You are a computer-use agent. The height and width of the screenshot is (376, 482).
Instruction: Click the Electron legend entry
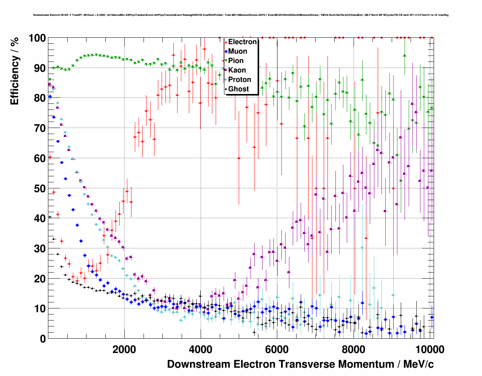242,42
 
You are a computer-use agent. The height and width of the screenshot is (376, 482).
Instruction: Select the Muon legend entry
238,51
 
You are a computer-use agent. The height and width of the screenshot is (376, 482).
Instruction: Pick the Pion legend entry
236,61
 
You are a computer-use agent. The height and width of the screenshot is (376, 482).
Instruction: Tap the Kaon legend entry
237,70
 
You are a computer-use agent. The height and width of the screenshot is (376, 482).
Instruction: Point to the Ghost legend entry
238,89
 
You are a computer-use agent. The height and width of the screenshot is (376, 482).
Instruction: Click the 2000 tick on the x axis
124,349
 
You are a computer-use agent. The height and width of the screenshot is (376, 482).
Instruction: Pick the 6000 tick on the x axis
277,349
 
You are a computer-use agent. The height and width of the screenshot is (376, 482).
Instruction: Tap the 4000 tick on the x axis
201,349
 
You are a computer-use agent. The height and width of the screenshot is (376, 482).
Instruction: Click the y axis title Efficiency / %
14,72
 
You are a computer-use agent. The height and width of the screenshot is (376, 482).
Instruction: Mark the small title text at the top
241,15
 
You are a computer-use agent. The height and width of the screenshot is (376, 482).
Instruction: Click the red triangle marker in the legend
226,42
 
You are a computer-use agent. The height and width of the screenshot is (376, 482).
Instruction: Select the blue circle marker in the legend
226,51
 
